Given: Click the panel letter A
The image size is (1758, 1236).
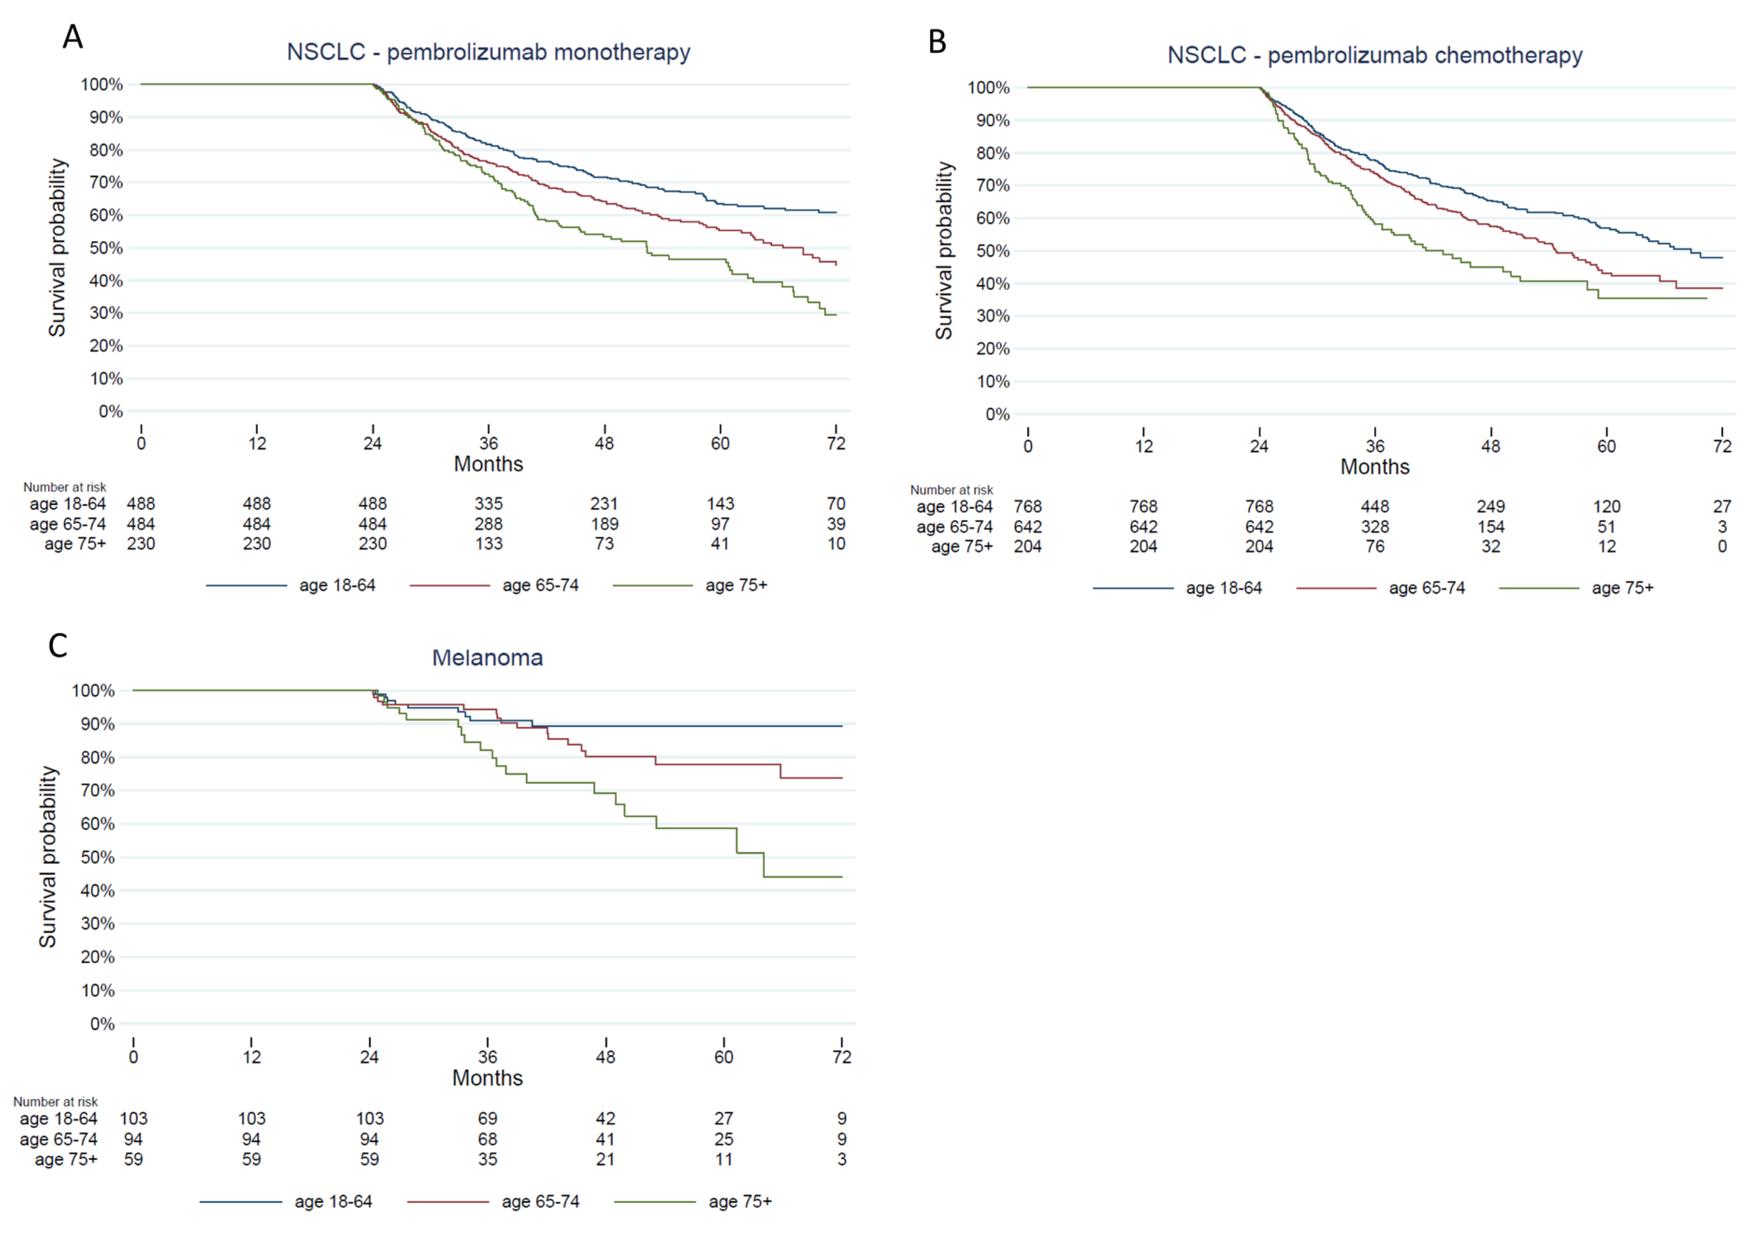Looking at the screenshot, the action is tap(73, 36).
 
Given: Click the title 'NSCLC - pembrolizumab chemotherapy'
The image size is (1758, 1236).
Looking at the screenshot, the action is tap(1374, 55).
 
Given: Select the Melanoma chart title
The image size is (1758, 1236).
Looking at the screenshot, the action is tap(488, 658).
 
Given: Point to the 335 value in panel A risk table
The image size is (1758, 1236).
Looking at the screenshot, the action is tap(488, 504).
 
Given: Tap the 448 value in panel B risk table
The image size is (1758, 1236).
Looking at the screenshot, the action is tap(1375, 507).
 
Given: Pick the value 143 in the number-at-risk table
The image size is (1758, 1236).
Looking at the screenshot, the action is tap(720, 504).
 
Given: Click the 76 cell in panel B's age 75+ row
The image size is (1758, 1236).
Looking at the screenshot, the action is tap(1375, 547).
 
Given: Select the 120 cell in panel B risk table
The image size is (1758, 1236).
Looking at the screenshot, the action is tap(1606, 507).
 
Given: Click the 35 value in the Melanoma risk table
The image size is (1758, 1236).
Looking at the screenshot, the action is tap(488, 1159).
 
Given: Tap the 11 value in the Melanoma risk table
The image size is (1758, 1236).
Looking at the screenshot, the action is tap(724, 1159).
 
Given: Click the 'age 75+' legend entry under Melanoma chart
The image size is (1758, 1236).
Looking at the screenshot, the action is tap(693, 1201).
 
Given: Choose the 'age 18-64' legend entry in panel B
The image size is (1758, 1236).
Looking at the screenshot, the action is tap(1177, 588).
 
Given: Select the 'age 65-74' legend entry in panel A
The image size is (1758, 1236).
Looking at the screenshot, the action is tap(494, 585).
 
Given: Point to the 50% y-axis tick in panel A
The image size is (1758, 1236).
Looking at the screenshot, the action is tap(106, 248).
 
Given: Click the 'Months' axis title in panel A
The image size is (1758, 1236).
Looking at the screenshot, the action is tap(488, 464).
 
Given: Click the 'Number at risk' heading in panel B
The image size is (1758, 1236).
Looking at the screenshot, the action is tap(951, 490).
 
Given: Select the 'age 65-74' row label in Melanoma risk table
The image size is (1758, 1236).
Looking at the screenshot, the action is tap(58, 1140).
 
